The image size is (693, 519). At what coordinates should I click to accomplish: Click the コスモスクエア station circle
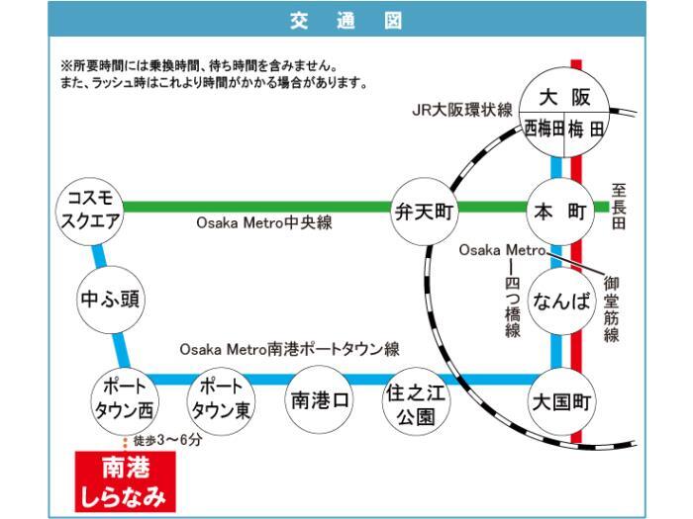[x=90, y=212]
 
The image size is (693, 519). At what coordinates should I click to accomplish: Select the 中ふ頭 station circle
[x=111, y=300]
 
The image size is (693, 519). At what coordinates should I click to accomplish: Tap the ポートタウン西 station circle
[x=124, y=401]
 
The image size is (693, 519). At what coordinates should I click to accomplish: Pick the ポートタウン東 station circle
[x=221, y=401]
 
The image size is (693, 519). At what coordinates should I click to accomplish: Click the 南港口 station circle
[x=319, y=400]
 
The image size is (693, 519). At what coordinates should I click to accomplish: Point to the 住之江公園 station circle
[x=416, y=401]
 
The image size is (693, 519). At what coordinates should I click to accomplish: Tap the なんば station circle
[x=561, y=301]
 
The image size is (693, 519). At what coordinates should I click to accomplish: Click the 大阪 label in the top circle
[x=564, y=97]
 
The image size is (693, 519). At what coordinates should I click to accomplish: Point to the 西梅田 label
[x=544, y=130]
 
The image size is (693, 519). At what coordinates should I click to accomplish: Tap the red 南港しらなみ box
[x=126, y=481]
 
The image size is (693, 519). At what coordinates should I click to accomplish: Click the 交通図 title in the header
[x=346, y=21]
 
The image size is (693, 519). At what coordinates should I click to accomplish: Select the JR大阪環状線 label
[x=462, y=110]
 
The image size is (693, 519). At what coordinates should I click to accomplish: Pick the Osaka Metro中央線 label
[x=264, y=222]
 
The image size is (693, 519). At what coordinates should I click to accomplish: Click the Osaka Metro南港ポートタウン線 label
[x=289, y=349]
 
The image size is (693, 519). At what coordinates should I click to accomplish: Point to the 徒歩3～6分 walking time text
[x=168, y=440]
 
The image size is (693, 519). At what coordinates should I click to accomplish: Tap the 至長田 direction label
[x=619, y=207]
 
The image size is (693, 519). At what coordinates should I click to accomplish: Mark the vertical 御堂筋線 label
[x=611, y=308]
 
